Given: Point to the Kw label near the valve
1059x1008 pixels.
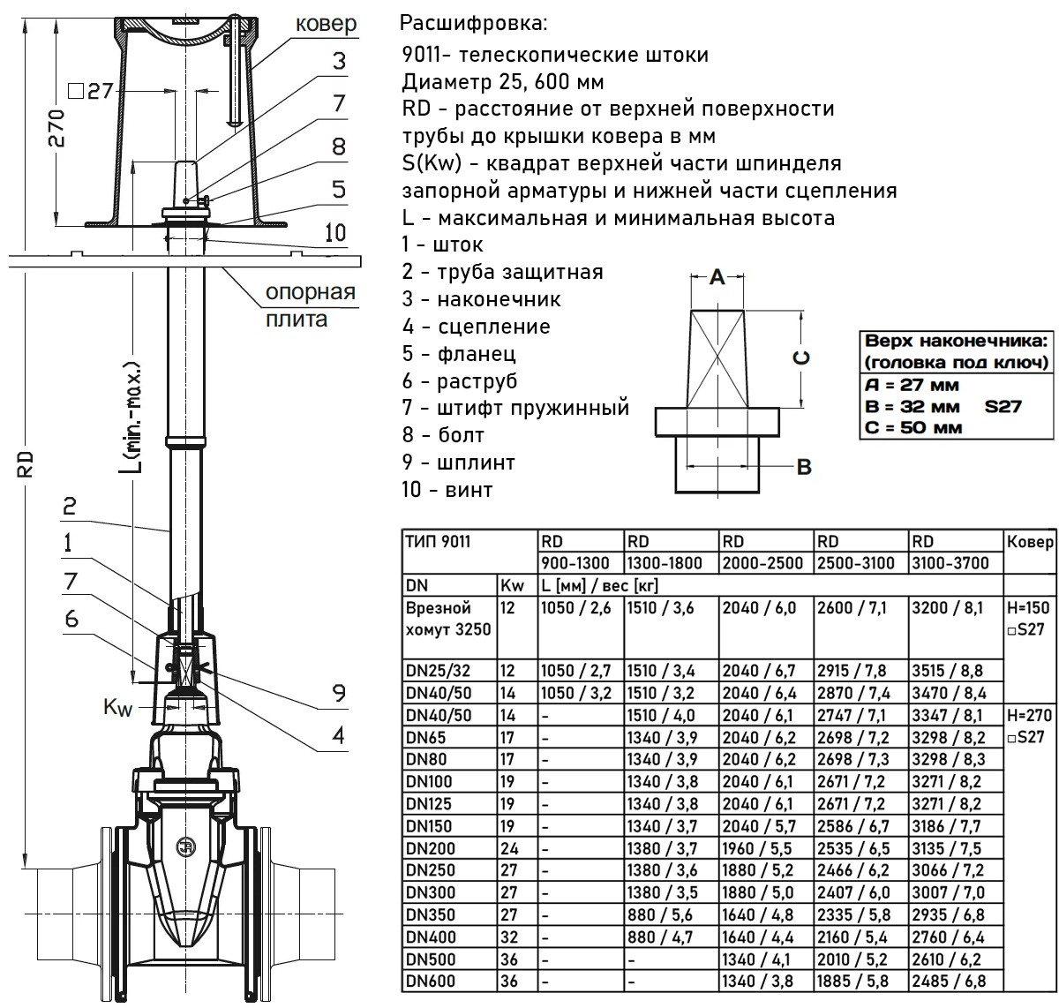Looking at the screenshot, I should point(116,707).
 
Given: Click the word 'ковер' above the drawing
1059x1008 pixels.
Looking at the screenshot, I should point(325,24).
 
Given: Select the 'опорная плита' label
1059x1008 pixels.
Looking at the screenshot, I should point(311,305).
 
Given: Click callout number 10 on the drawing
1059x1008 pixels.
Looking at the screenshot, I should point(334,233).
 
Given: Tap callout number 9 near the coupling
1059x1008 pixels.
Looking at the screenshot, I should point(339,694).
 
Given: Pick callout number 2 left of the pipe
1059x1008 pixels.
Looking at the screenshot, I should point(68,507).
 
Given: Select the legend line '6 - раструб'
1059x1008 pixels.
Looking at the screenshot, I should point(459,380).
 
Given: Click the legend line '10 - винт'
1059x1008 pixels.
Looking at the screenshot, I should point(447,489).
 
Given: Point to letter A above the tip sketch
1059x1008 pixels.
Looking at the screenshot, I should point(717,278).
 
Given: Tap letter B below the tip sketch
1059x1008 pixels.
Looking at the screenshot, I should point(804,467).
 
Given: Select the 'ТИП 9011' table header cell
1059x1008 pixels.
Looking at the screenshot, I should point(437,541).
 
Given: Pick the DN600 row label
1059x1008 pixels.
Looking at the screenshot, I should point(425,980).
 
